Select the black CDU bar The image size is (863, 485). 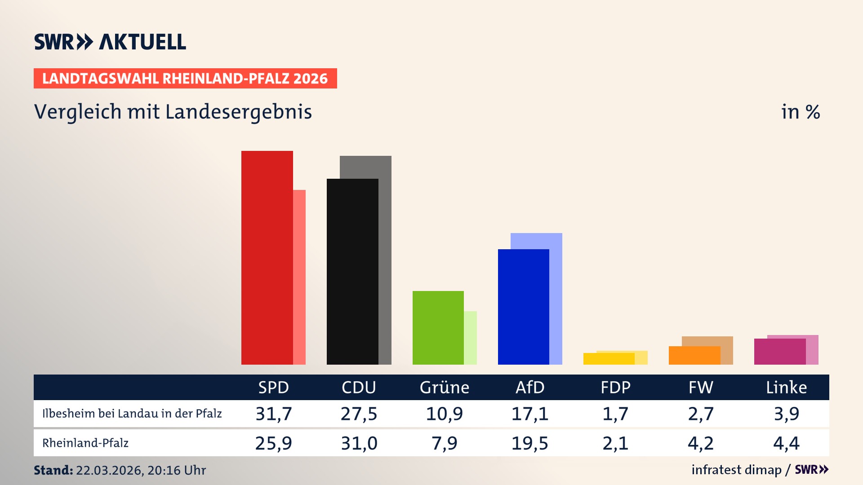(x=352, y=271)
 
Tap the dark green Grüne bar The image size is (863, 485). (x=438, y=327)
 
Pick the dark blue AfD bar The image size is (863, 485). (x=523, y=307)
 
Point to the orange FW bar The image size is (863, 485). (x=694, y=355)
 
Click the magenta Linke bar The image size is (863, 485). (x=779, y=352)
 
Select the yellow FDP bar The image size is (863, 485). (x=609, y=359)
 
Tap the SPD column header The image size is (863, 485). (x=273, y=387)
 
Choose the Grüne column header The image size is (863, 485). (x=444, y=387)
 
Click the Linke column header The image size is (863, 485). (x=786, y=387)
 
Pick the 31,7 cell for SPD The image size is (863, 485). (x=273, y=414)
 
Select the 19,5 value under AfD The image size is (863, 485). (x=529, y=443)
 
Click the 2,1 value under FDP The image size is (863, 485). (x=615, y=443)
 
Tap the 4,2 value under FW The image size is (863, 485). (x=700, y=443)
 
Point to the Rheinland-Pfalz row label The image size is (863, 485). (x=85, y=443)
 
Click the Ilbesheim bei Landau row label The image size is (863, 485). (x=132, y=414)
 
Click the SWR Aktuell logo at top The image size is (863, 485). (x=110, y=42)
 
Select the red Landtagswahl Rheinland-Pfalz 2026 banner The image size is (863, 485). (x=185, y=79)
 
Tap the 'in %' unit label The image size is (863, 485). (x=800, y=112)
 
